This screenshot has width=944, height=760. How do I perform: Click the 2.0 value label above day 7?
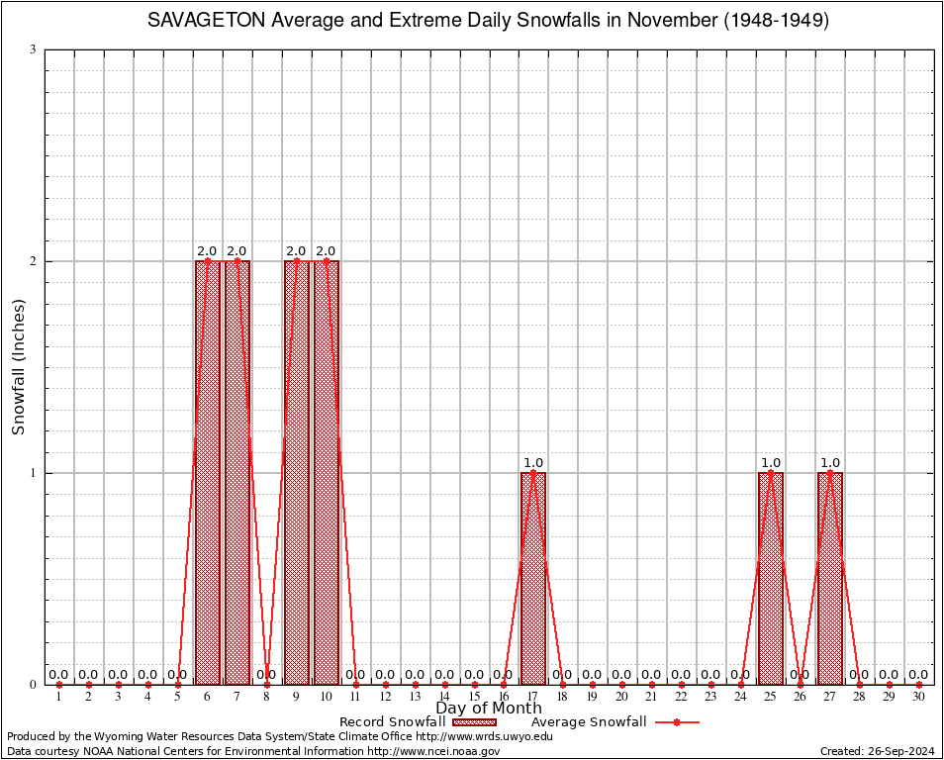pos(236,251)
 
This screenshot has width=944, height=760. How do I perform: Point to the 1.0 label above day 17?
pos(533,463)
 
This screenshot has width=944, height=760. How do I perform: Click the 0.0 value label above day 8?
pos(266,675)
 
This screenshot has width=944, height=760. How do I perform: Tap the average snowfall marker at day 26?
pos(801,684)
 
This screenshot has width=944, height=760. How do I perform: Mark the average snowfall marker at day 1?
pos(59,684)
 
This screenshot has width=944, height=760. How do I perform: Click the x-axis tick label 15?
pos(474,698)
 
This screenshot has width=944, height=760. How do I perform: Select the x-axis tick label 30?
pos(918,698)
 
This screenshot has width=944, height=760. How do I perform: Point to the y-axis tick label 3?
pos(34,49)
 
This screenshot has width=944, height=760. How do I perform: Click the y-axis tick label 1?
pos(34,473)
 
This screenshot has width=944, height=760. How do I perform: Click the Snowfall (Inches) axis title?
pos(18,367)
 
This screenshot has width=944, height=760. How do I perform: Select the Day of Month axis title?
pos(489,709)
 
